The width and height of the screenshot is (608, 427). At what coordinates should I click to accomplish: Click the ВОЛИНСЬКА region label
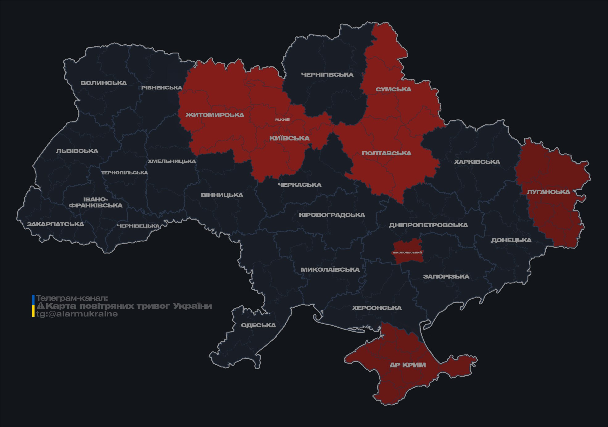point(103,83)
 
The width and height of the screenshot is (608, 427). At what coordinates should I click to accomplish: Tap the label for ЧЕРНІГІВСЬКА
point(327,75)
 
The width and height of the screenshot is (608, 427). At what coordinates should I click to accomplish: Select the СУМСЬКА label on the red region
point(393,90)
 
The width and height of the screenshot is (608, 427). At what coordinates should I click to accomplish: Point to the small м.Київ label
point(282,119)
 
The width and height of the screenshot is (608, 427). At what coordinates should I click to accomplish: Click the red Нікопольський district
point(407,252)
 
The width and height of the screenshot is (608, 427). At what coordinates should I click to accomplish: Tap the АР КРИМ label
point(407,365)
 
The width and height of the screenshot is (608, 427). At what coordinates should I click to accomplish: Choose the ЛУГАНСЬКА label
point(548,192)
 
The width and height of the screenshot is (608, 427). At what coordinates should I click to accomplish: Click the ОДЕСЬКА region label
point(258,325)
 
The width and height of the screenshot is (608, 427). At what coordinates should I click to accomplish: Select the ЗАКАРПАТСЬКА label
point(55,224)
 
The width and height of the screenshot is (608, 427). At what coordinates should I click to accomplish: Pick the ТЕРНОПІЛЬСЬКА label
point(125,173)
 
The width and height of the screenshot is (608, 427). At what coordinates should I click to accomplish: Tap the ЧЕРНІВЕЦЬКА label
point(138,226)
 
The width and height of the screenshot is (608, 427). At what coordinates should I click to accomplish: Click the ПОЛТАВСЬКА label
point(386,153)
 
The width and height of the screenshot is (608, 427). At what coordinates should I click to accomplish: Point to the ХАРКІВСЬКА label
point(477,162)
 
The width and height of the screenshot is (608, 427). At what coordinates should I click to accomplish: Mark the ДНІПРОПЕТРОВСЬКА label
point(428,225)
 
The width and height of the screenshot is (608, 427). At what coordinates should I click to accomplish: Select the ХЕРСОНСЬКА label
point(377,308)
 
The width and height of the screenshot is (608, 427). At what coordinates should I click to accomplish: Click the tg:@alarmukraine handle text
point(77,314)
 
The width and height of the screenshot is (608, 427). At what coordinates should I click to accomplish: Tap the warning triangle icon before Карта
point(40,306)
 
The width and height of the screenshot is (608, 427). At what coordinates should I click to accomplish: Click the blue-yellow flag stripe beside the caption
point(33,306)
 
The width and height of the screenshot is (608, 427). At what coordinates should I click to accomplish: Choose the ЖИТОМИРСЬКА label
point(214,115)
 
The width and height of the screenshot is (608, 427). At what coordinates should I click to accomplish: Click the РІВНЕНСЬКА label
point(162,88)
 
